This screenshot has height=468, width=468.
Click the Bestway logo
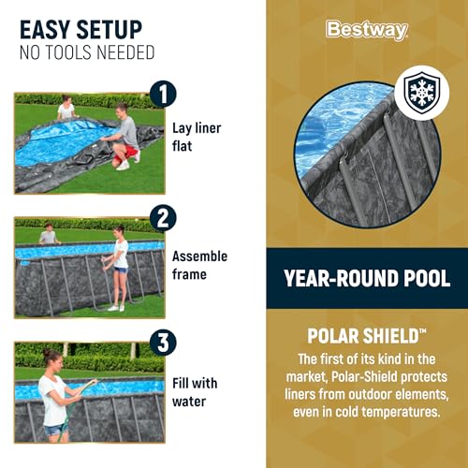pyautogui.click(x=367, y=30)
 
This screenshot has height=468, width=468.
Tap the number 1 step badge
pyautogui.click(x=163, y=94)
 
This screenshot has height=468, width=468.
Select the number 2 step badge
pyautogui.click(x=163, y=218)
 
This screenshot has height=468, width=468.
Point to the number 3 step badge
pyautogui.click(x=163, y=343)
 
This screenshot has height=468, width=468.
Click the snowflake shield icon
pyautogui.click(x=421, y=93)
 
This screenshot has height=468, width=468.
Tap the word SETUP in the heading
pyautogui.click(x=110, y=30)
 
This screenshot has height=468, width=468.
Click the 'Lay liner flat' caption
pyautogui.click(x=197, y=137)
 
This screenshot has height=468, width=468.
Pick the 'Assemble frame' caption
pyautogui.click(x=199, y=265)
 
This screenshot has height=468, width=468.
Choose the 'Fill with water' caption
pyautogui.click(x=195, y=392)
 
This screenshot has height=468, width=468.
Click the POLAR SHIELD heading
pyautogui.click(x=366, y=336)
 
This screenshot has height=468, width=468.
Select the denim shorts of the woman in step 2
pyautogui.click(x=121, y=270)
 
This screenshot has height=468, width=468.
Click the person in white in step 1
pyautogui.click(x=66, y=108)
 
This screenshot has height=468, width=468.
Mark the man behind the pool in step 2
pyautogui.click(x=49, y=234)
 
